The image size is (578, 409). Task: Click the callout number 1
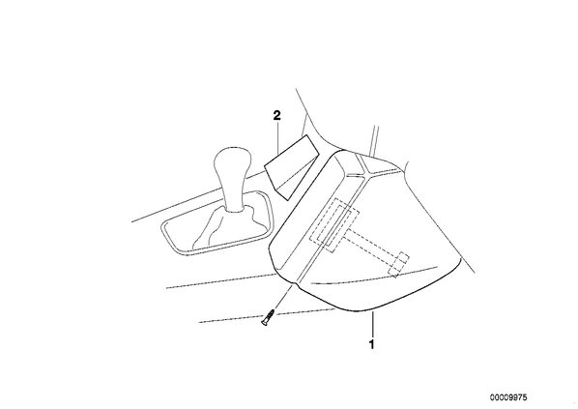click(x=371, y=344)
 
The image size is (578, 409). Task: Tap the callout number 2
click(x=276, y=115)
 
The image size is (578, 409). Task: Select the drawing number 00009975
click(x=508, y=397)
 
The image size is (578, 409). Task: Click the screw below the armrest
click(x=268, y=317)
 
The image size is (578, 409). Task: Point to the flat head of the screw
click(x=264, y=323)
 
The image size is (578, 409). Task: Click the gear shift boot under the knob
click(x=228, y=228)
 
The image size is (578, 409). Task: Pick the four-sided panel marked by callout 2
click(x=291, y=167)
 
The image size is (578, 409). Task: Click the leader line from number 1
click(x=373, y=325)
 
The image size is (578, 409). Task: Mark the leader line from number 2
click(x=278, y=138)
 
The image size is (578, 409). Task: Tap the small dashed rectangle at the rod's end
click(x=399, y=264)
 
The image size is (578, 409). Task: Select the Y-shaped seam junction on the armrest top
click(x=366, y=172)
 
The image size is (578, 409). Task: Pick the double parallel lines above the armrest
click(x=374, y=141)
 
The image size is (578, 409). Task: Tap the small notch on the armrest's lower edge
click(x=294, y=284)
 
